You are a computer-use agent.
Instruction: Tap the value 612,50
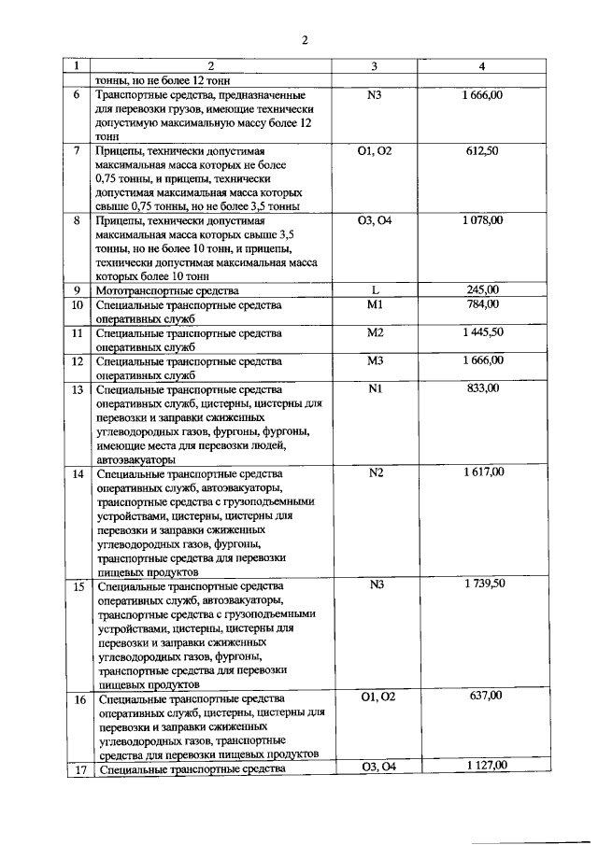482,150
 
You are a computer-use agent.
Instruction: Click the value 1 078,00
482,220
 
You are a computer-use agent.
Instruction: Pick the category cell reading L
375,290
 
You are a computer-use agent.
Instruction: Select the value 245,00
482,290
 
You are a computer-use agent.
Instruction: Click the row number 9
77,290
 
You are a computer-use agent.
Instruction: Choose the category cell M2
375,332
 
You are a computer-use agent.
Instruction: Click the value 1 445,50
482,332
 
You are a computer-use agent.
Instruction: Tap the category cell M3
375,360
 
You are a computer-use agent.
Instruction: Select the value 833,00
482,388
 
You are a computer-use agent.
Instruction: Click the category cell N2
376,472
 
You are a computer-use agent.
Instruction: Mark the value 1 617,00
482,472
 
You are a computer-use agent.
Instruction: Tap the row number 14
78,473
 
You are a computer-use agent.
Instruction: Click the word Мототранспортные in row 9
139,290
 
